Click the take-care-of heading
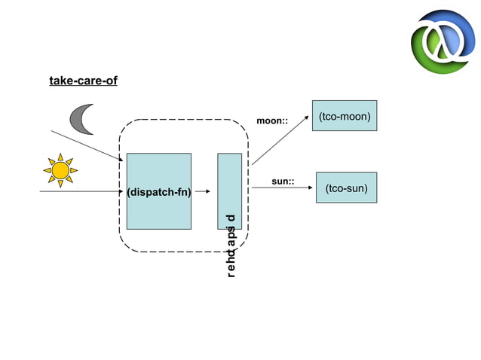click(83, 81)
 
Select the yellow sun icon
click(60, 171)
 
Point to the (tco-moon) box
click(345, 115)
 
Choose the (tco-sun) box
click(346, 188)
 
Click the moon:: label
click(272, 121)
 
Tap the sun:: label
click(283, 182)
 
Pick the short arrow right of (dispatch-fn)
click(202, 192)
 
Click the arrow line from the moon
click(87, 146)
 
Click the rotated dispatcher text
click(231, 246)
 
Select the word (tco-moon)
click(345, 117)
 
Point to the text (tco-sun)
click(346, 188)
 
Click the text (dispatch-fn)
click(158, 192)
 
